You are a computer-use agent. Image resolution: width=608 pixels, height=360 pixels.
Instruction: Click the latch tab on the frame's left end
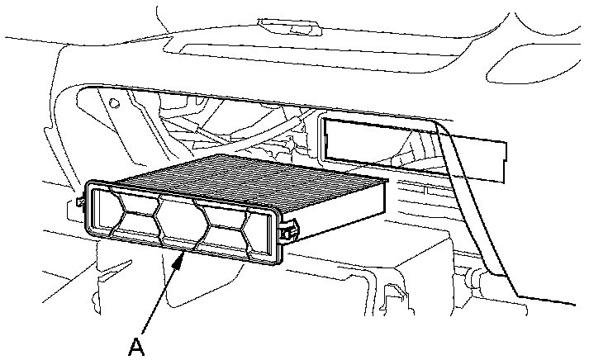(78, 201)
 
